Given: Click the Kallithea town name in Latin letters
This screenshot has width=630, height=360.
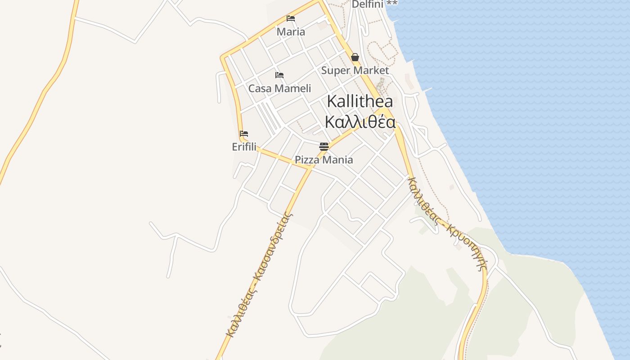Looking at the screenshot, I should coord(360,101).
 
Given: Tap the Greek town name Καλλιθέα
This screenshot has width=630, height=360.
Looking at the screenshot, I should coord(360,121).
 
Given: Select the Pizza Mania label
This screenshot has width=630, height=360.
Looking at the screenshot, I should coord(324,160).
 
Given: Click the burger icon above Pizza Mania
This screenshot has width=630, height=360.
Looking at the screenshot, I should coord(324,146).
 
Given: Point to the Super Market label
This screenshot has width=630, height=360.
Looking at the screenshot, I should coord(355,70).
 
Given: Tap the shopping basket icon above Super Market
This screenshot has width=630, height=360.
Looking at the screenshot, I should coord(355,57).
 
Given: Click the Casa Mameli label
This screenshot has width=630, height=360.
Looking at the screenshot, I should coord(279,88).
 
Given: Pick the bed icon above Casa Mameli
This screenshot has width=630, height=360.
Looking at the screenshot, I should coord(279,75).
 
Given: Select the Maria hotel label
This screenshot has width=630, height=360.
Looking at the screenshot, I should coord(291,32).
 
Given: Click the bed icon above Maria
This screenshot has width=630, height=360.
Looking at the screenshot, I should coord(291,18).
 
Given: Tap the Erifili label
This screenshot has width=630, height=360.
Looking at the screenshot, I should coord(244,147).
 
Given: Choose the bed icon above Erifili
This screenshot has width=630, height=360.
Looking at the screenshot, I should coord(244,134).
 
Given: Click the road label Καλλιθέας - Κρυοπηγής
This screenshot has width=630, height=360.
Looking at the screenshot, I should coord(446,223).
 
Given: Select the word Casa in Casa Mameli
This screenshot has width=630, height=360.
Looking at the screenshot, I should coord(260,88).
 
